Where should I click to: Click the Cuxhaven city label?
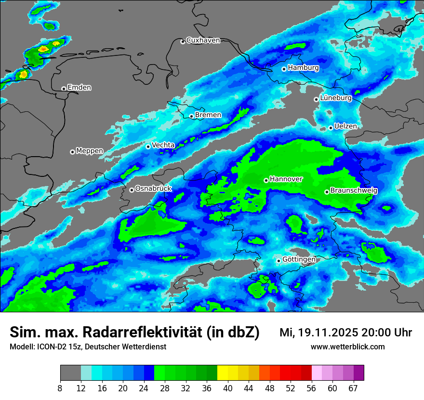[x=203, y=40]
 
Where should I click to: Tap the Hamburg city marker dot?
[x=284, y=69]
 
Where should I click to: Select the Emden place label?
[x=79, y=88]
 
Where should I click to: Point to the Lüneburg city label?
[x=336, y=98]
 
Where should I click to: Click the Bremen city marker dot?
[x=191, y=116]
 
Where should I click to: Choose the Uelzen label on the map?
[x=345, y=126]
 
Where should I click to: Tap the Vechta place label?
[x=163, y=145]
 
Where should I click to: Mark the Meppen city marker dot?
[x=72, y=152]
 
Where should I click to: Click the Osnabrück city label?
[x=153, y=188]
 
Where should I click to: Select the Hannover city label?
[x=286, y=179]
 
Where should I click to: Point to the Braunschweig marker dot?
[x=327, y=192]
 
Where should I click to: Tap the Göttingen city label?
[x=299, y=260]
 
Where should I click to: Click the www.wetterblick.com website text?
[x=347, y=347]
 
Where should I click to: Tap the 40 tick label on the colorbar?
[x=228, y=389]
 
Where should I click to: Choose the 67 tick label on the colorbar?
[x=353, y=389]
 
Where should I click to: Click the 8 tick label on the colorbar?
[x=61, y=389]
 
